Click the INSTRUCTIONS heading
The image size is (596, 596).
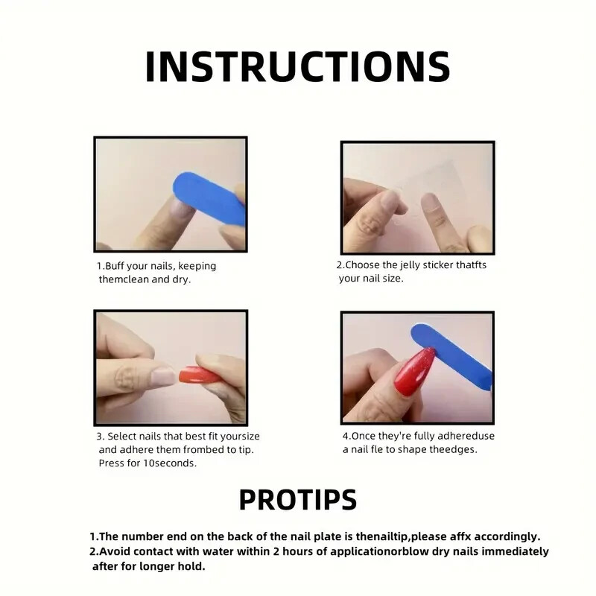(297, 66)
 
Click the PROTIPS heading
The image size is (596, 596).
(298, 499)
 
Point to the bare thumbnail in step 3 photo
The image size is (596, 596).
(162, 378)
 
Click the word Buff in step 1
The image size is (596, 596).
(115, 266)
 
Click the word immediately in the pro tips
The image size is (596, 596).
(515, 551)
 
